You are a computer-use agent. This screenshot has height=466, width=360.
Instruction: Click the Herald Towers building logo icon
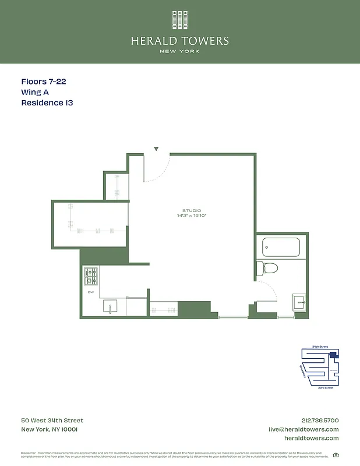tap(180, 20)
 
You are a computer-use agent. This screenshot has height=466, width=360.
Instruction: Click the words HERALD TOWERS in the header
tap(180, 41)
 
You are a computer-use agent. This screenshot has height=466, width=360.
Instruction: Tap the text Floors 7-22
tap(48, 82)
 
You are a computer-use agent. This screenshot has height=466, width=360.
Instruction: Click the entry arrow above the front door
tap(156, 149)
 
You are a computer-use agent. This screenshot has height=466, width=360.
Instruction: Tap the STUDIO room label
tap(192, 210)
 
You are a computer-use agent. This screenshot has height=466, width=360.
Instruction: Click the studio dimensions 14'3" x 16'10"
tap(192, 216)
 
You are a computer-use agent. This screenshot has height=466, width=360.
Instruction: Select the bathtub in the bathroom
tap(281, 247)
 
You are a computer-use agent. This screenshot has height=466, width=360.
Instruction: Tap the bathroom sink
tap(299, 302)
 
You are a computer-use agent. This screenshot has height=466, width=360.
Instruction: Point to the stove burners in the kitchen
tap(91, 274)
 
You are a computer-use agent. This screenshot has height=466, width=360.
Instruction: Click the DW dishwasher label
tap(90, 292)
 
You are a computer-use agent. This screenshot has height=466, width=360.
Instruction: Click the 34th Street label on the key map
tap(320, 347)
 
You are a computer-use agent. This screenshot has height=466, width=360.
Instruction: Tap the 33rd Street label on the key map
tap(325, 387)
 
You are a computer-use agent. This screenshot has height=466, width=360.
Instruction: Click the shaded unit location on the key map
tap(333, 354)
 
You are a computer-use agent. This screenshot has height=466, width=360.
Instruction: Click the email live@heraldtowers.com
tap(303, 429)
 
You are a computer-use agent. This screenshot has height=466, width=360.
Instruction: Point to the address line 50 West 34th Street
tap(52, 421)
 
